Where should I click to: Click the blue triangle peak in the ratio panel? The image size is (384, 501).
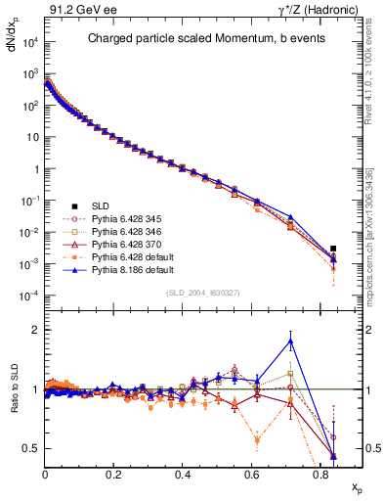(x=290, y=341)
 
